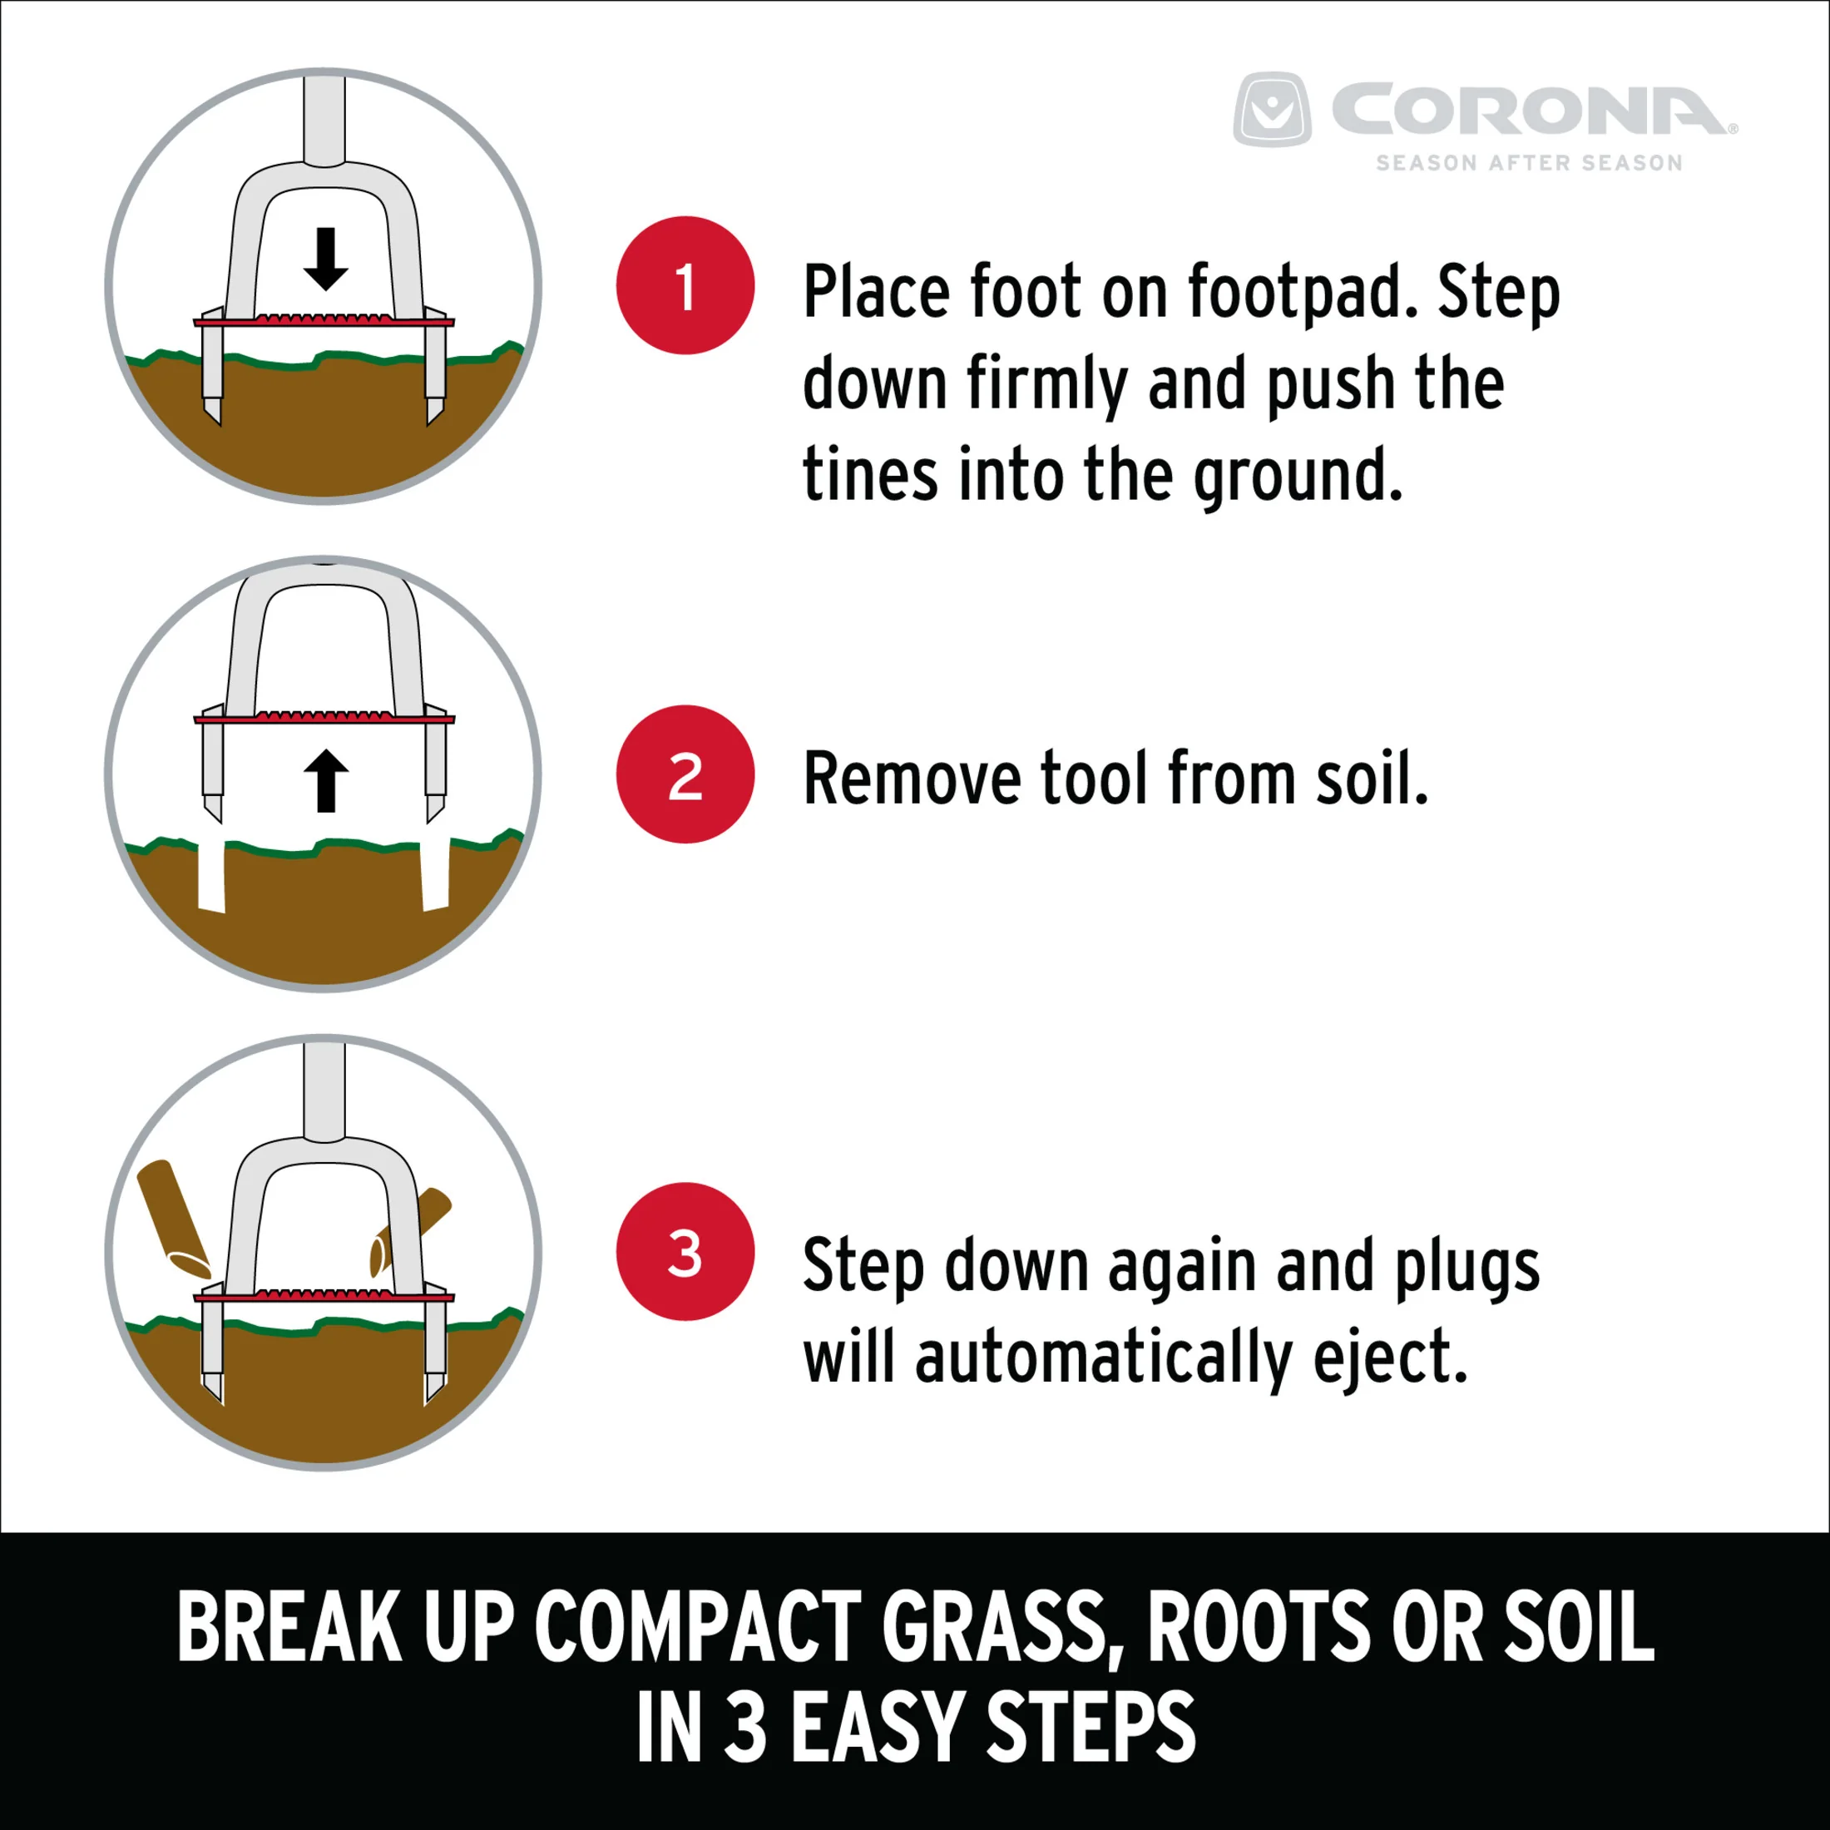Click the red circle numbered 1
685,285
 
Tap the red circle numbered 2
685,774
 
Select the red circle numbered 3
685,1251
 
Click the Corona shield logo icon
1272,109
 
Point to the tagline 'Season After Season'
1529,163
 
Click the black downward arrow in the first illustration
326,259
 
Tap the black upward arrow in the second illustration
326,780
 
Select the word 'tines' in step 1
869,473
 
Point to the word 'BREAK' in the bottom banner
288,1626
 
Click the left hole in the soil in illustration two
211,877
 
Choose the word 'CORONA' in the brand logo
1532,110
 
